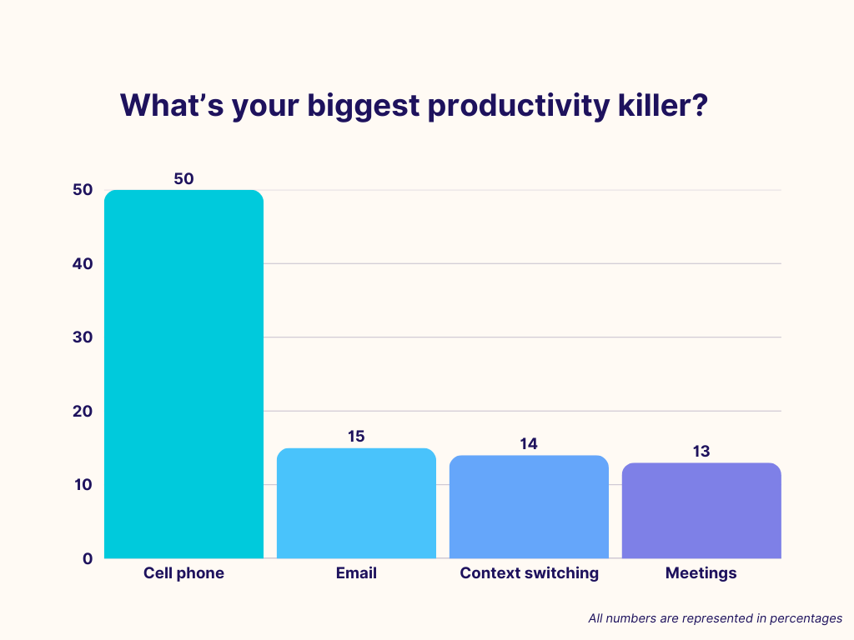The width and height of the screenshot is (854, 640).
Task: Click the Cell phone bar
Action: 183,374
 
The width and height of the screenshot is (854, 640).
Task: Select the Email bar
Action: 356,503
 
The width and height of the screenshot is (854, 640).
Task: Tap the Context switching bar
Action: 529,507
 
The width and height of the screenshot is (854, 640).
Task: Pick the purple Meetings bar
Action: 701,511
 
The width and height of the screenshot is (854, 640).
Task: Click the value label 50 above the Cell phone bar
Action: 183,178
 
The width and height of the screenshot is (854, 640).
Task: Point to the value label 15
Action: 356,437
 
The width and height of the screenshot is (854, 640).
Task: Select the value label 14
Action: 529,444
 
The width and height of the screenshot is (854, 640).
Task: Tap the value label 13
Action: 701,451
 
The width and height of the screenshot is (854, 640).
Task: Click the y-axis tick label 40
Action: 83,264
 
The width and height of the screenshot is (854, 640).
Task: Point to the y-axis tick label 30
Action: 83,337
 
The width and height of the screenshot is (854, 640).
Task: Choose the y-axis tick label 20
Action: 83,412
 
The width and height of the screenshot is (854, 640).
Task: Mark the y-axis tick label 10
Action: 83,485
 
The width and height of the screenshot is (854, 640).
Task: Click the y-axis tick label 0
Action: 88,559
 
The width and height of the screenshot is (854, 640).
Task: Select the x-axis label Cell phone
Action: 183,573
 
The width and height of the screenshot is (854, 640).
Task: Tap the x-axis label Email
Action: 356,573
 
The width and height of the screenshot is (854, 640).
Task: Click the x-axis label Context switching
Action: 529,573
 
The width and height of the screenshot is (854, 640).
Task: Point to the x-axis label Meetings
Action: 701,573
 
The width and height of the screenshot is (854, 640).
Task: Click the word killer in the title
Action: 663,105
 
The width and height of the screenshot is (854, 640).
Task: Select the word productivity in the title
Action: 519,107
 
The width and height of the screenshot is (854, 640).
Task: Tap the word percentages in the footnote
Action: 806,619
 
